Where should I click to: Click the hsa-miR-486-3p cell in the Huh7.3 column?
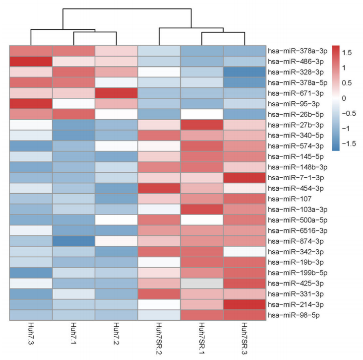31,61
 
